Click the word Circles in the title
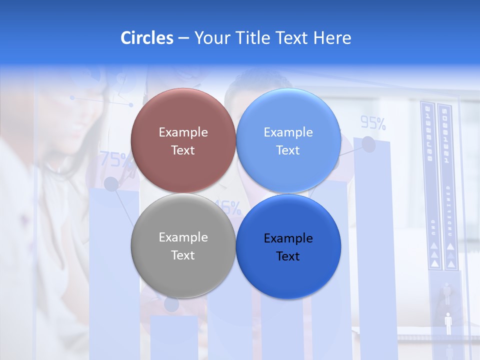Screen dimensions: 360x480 [x=146, y=38]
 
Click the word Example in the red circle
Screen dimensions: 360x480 [x=183, y=132]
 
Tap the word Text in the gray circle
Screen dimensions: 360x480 [x=183, y=255]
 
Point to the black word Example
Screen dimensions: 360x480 [x=288, y=238]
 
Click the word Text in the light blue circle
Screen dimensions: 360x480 [x=288, y=150]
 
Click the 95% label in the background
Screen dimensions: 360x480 [x=373, y=122]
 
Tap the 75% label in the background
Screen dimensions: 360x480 [x=115, y=159]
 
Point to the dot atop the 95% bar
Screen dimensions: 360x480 [x=368, y=144]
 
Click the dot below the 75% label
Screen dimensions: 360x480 [x=111, y=184]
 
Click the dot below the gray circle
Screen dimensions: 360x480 [x=171, y=304]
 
